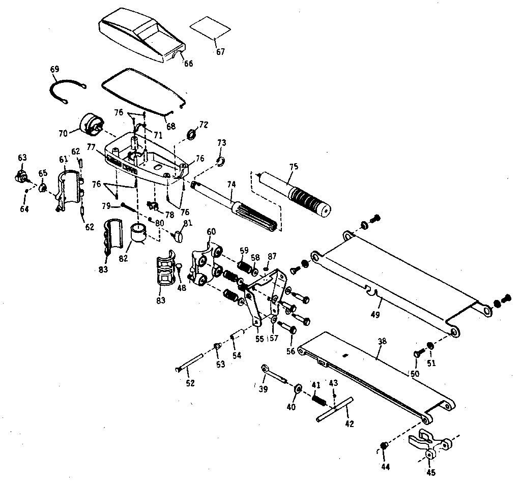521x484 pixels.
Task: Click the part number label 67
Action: [x=220, y=52]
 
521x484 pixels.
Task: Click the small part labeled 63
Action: [x=21, y=176]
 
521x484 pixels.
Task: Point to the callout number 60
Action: [x=211, y=232]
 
